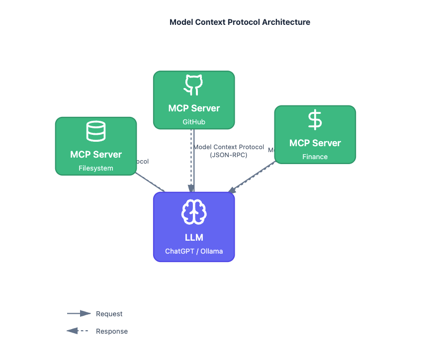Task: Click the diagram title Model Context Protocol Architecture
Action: tap(240, 22)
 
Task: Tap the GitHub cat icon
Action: tap(194, 85)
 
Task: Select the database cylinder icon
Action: tap(96, 131)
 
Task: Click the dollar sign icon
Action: tap(315, 120)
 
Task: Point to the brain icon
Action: tap(194, 212)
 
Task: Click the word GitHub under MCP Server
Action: tap(194, 122)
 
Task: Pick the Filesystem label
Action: tap(96, 168)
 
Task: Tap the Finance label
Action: tap(315, 157)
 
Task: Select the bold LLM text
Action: tap(194, 238)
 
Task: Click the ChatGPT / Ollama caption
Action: tap(194, 251)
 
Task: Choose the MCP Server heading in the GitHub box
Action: tap(194, 108)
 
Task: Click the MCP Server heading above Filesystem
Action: tap(96, 155)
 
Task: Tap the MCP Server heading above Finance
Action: tap(315, 143)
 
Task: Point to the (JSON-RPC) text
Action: tap(229, 155)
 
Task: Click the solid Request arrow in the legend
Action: tap(79, 314)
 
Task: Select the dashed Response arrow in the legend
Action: tap(78, 331)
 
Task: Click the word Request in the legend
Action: tap(109, 314)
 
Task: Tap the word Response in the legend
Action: tap(111, 331)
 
